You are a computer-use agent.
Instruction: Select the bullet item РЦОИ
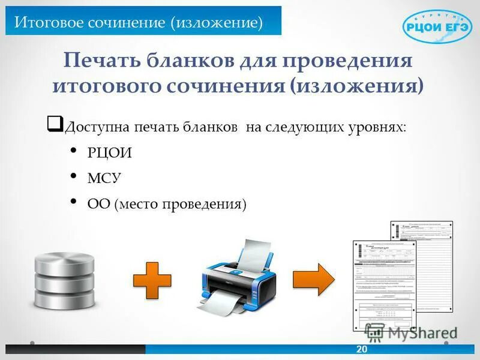[x=109, y=153]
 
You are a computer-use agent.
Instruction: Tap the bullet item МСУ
[x=104, y=178]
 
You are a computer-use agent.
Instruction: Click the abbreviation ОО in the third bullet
[x=98, y=204]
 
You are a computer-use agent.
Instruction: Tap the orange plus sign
[x=152, y=280]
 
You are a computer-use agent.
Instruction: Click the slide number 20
[x=361, y=350]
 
